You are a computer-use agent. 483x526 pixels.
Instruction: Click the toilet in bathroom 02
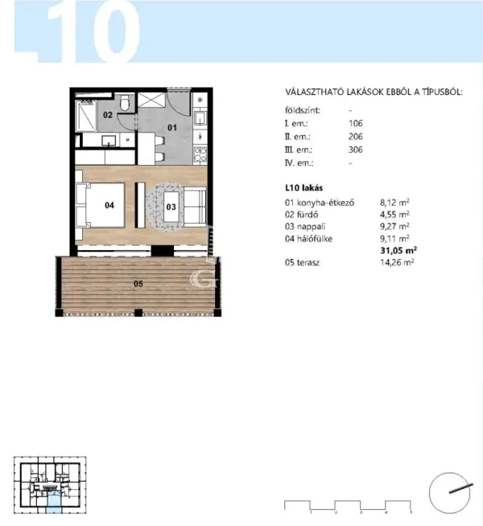tap(125, 103)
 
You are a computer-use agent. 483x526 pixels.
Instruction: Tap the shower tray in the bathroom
tap(86, 116)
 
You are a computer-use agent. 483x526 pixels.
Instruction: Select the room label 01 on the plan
tap(172, 127)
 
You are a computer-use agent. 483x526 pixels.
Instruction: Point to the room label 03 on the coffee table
tap(171, 207)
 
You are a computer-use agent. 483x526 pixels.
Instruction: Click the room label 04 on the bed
tap(109, 205)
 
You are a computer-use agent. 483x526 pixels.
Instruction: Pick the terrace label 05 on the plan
tap(138, 284)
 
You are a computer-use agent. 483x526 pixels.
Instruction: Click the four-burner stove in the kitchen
tap(200, 154)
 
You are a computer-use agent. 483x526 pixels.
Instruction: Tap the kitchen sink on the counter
tap(200, 118)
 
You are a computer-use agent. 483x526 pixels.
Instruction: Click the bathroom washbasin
tap(109, 140)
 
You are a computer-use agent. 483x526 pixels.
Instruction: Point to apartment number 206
tap(356, 137)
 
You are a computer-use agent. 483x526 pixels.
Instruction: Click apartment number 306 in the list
tap(356, 150)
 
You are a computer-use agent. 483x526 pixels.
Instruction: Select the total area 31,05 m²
tap(398, 250)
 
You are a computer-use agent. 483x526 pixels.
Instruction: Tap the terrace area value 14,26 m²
tap(397, 262)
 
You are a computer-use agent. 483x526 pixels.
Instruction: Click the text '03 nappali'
tap(305, 227)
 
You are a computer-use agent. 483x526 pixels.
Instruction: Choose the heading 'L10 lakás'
tap(303, 188)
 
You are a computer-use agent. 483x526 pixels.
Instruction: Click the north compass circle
tap(449, 493)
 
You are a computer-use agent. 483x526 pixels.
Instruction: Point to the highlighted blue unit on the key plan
tap(53, 502)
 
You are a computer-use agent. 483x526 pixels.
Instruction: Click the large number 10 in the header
tap(93, 32)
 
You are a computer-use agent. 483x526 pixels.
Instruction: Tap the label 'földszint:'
tap(303, 110)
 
